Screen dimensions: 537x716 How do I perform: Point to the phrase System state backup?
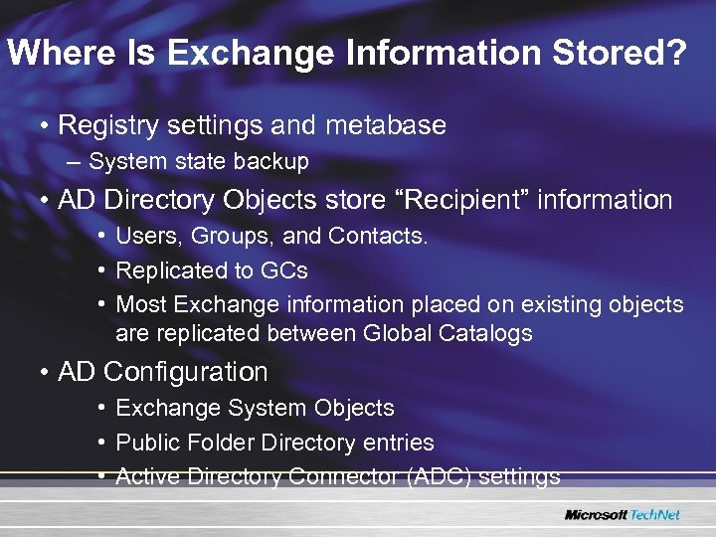(x=199, y=161)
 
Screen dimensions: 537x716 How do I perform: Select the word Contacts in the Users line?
(x=382, y=237)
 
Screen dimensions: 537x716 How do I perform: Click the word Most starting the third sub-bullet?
(x=140, y=303)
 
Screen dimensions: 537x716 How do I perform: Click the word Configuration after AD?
(x=186, y=373)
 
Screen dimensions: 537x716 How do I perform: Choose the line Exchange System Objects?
(x=255, y=409)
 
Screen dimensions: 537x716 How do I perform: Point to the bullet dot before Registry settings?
(x=46, y=126)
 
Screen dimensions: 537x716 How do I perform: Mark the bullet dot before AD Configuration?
(x=46, y=373)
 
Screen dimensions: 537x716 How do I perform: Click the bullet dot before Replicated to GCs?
(x=103, y=270)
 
